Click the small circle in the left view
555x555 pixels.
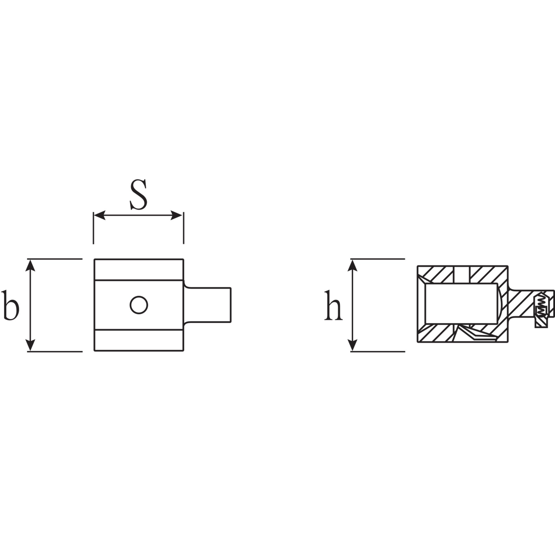pos(139,305)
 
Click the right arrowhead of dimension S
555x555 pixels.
pos(177,215)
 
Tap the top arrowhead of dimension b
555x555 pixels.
pos(30,265)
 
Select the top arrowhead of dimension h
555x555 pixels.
pos(352,265)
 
